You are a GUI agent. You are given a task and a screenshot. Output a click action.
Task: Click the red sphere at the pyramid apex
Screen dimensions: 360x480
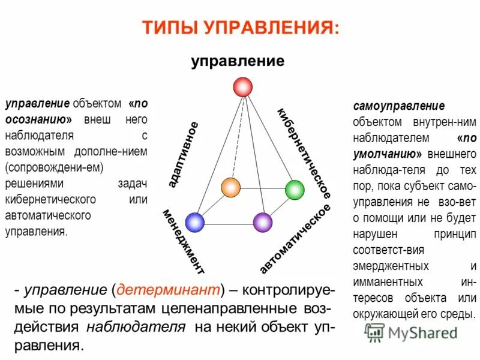tap(242, 86)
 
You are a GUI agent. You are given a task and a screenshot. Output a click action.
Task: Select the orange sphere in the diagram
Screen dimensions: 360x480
tap(230, 187)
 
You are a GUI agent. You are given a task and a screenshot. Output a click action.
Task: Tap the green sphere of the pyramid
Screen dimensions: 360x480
tap(295, 190)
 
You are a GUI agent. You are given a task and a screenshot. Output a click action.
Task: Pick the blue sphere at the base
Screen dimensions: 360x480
tap(195, 223)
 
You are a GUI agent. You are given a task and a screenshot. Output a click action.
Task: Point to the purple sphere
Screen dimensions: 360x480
tap(263, 223)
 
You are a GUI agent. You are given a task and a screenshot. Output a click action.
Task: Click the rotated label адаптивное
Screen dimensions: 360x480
tap(183, 154)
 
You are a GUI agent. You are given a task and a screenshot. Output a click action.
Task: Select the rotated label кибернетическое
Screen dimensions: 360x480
tap(304, 154)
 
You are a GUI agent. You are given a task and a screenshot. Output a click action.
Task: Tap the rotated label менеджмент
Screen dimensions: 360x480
tap(182, 241)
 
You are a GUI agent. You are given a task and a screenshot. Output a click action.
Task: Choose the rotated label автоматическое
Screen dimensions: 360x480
tap(295, 238)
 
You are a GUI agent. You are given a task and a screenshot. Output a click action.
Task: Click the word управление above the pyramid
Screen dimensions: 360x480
tap(238, 61)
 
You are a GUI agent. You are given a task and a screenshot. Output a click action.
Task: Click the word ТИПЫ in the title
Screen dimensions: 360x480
tap(170, 27)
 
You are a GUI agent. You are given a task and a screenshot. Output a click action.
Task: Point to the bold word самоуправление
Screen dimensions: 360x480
tap(398, 107)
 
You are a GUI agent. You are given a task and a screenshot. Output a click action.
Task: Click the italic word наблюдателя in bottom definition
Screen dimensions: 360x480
tap(135, 327)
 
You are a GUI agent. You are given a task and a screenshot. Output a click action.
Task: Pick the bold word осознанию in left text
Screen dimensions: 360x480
tap(38, 119)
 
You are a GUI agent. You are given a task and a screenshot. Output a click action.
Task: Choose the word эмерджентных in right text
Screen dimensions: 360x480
tap(391, 266)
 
